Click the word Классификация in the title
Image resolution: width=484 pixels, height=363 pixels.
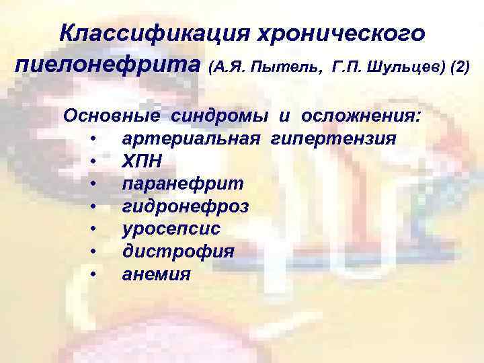click(x=142, y=34)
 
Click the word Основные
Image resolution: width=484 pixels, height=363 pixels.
click(x=112, y=116)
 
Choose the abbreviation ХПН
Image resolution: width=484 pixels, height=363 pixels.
click(x=142, y=161)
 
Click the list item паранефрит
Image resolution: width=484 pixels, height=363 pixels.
click(x=183, y=184)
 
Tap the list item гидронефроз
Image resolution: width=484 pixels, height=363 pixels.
click(x=185, y=206)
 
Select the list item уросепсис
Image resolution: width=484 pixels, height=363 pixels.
click(x=171, y=229)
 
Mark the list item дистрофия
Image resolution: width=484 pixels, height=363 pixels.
click(x=177, y=252)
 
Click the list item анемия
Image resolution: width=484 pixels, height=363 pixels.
click(x=156, y=274)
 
